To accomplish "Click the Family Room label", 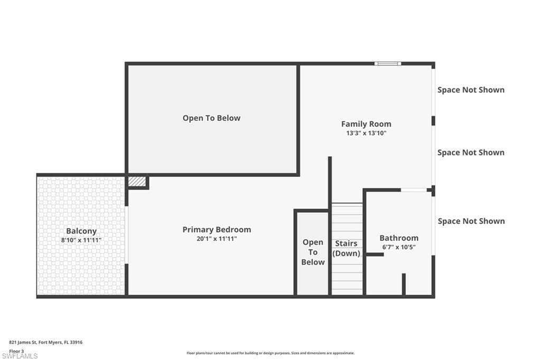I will point(366,124).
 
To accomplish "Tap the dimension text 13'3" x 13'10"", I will point(366,134).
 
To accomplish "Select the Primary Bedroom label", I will point(217,230).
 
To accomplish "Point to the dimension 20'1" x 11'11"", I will point(217,239).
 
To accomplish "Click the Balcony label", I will point(81,231).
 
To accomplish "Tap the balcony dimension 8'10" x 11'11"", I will point(81,240).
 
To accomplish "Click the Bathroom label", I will point(399,238).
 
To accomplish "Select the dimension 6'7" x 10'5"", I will point(399,247).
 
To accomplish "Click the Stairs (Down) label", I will point(346,248).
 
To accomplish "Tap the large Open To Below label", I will point(211,118).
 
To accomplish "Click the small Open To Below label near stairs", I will point(313,252).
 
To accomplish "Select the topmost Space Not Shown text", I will point(471,90).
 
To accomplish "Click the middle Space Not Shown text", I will point(471,153).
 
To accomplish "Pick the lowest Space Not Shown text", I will point(471,221).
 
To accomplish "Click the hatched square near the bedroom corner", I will point(137,181).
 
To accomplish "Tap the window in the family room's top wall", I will point(388,64).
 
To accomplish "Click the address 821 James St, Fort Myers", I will point(46,342).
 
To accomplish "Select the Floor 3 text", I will point(17,350).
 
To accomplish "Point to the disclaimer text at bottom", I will point(270,353).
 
